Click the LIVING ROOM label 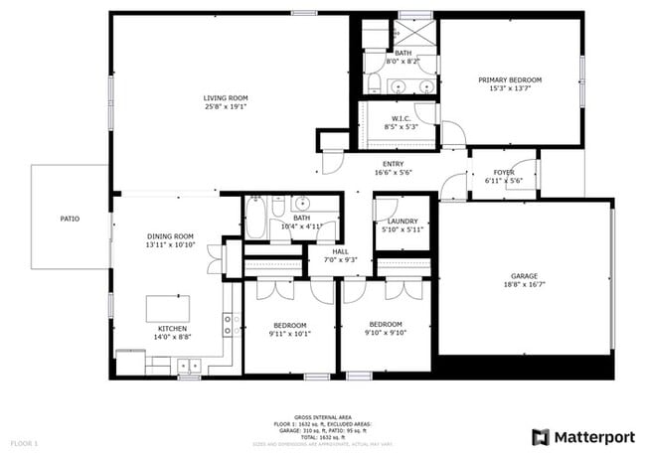click(x=226, y=97)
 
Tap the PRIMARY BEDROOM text click(x=510, y=79)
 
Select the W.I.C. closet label click(x=402, y=117)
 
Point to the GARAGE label click(x=524, y=277)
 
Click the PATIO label click(x=70, y=219)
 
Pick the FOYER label click(x=503, y=172)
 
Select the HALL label click(x=340, y=251)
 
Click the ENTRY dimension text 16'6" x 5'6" click(x=394, y=173)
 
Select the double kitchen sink click(x=228, y=324)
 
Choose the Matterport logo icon click(x=541, y=436)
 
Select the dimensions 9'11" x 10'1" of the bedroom click(x=290, y=334)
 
